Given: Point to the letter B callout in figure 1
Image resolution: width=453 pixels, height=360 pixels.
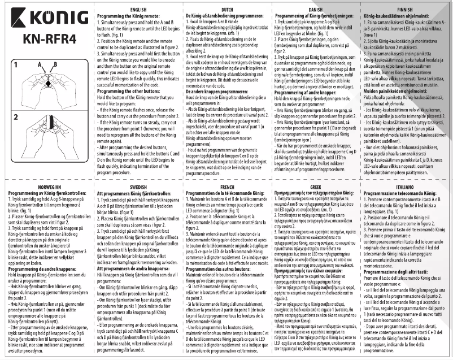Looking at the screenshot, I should pyautogui.click(x=54, y=65).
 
